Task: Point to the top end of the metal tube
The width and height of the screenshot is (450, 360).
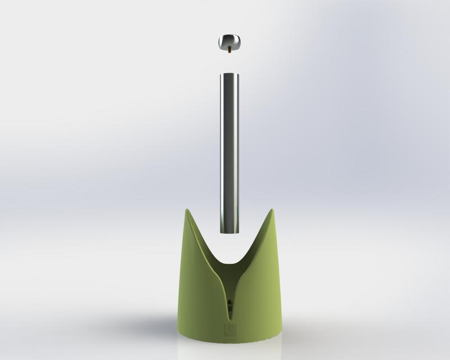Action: (228, 74)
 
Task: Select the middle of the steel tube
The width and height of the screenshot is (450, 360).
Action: (228, 152)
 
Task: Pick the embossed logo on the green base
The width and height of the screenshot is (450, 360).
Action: (229, 328)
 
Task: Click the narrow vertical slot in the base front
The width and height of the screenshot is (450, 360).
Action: (228, 298)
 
